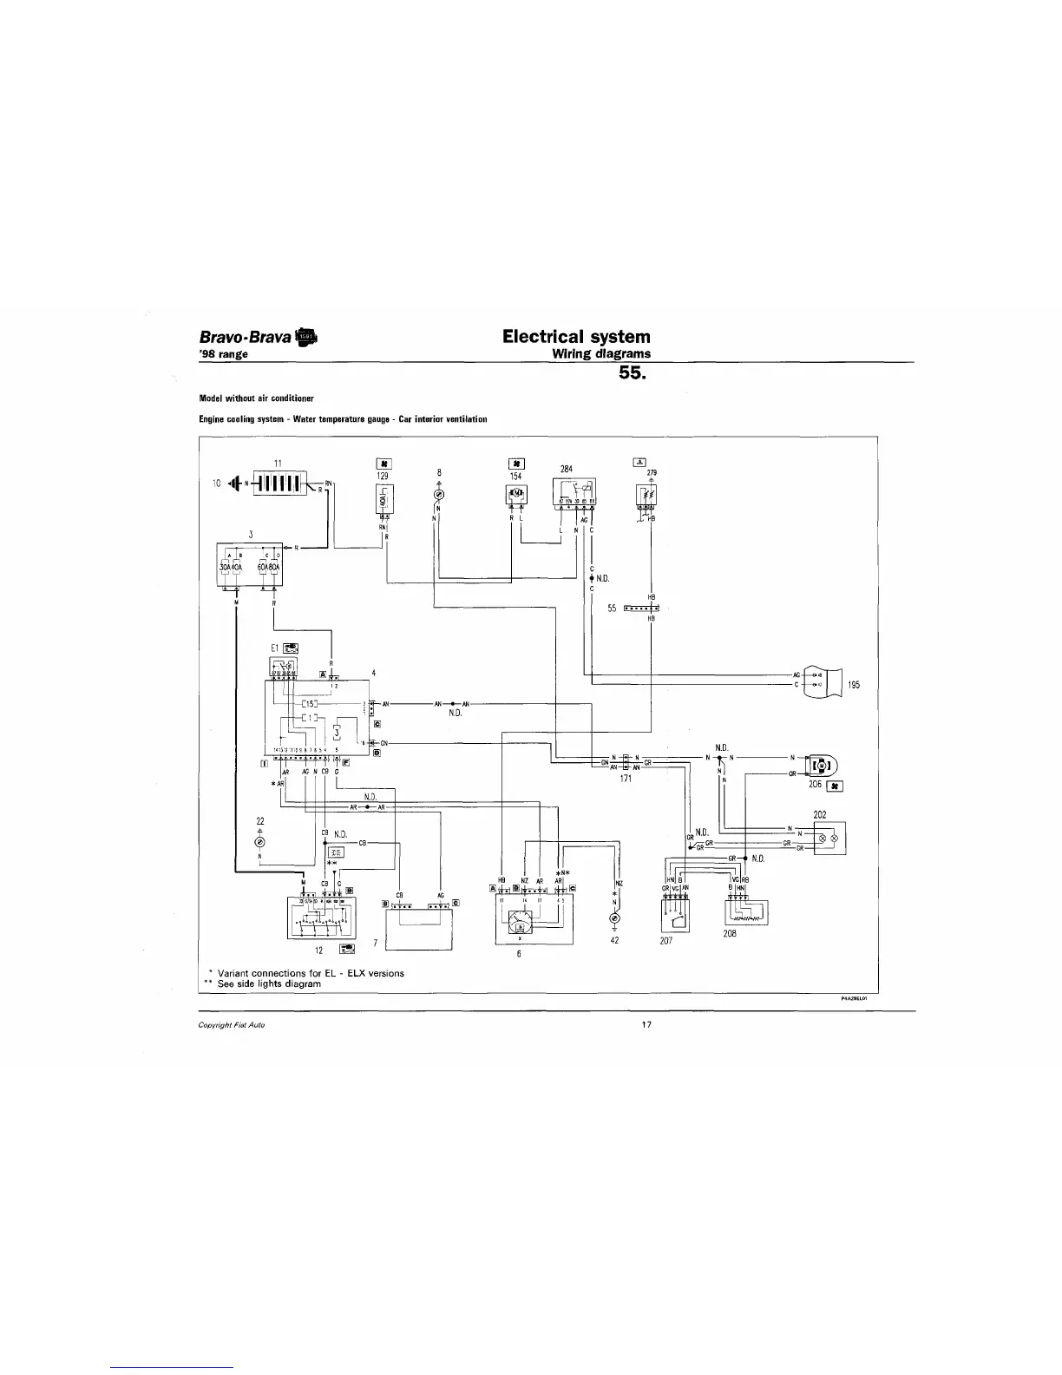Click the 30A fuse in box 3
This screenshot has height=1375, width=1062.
click(x=224, y=569)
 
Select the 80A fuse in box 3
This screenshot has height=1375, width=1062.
click(x=274, y=569)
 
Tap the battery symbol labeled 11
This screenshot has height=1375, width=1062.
click(x=278, y=483)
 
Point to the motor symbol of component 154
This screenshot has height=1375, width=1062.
click(x=516, y=495)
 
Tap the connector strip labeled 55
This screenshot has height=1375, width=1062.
click(x=641, y=609)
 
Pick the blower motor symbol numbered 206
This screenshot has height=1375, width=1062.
click(x=820, y=765)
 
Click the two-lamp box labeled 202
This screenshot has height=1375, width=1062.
click(x=829, y=839)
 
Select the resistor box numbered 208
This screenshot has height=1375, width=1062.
click(x=745, y=912)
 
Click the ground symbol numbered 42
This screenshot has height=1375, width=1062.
click(x=615, y=918)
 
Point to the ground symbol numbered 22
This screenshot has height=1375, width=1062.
click(x=259, y=843)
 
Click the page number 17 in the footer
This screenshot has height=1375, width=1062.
click(x=646, y=1024)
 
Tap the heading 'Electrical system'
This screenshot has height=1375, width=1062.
click(x=576, y=336)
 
